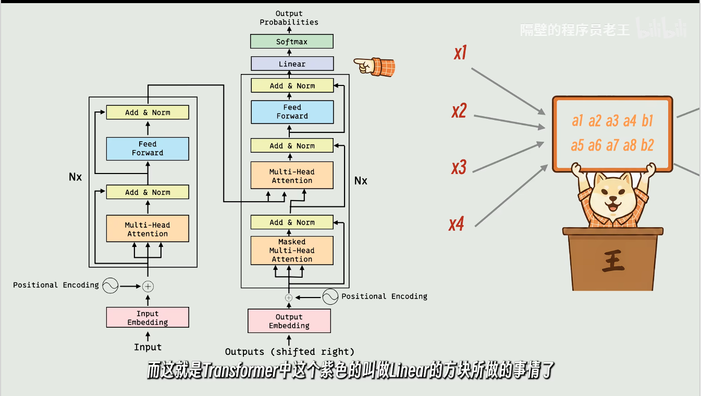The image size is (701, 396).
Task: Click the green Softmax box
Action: tap(292, 42)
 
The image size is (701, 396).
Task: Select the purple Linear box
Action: tap(292, 64)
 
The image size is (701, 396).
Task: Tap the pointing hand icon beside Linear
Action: tap(375, 66)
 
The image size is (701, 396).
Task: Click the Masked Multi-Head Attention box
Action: tap(292, 251)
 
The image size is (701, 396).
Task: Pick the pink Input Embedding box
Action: tap(147, 318)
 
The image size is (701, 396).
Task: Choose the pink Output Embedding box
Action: tap(289, 321)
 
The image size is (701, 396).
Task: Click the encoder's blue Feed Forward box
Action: tap(147, 148)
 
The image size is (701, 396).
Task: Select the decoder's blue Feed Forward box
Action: tap(292, 112)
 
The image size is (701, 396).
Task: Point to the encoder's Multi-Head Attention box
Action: tap(147, 229)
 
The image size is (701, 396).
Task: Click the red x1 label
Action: tap(460, 53)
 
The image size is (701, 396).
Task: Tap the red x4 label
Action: tap(456, 225)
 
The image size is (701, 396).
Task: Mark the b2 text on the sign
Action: tap(647, 145)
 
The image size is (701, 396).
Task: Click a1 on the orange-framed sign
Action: tap(577, 121)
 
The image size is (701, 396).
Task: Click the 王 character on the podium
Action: tap(613, 261)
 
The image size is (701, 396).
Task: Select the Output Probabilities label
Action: tap(289, 18)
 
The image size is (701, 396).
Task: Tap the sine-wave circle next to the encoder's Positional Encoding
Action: tap(110, 286)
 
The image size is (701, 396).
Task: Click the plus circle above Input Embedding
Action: tap(148, 286)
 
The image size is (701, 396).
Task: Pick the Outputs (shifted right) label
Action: tap(290, 352)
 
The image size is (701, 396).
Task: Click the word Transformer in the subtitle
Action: tap(239, 372)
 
